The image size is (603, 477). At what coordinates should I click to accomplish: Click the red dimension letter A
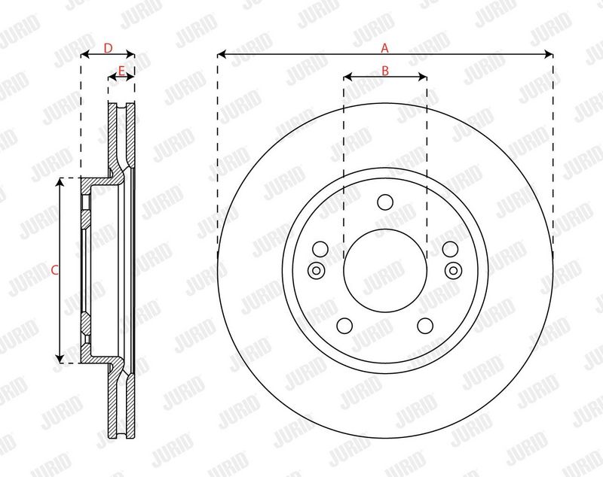click(x=384, y=48)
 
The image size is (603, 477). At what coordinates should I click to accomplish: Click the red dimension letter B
click(x=385, y=71)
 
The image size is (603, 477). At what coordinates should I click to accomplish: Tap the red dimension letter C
click(x=54, y=270)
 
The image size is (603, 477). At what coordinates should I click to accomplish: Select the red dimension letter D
click(x=108, y=48)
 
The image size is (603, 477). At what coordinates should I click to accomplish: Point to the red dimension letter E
click(x=121, y=71)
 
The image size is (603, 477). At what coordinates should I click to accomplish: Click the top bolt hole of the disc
click(x=385, y=202)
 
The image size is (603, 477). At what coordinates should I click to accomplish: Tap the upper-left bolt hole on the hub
click(x=320, y=249)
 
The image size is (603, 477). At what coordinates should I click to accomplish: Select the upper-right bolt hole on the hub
click(x=450, y=249)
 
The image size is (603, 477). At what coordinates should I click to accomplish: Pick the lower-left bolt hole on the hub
click(x=344, y=326)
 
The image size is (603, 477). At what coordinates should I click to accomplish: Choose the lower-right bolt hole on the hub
click(x=425, y=326)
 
